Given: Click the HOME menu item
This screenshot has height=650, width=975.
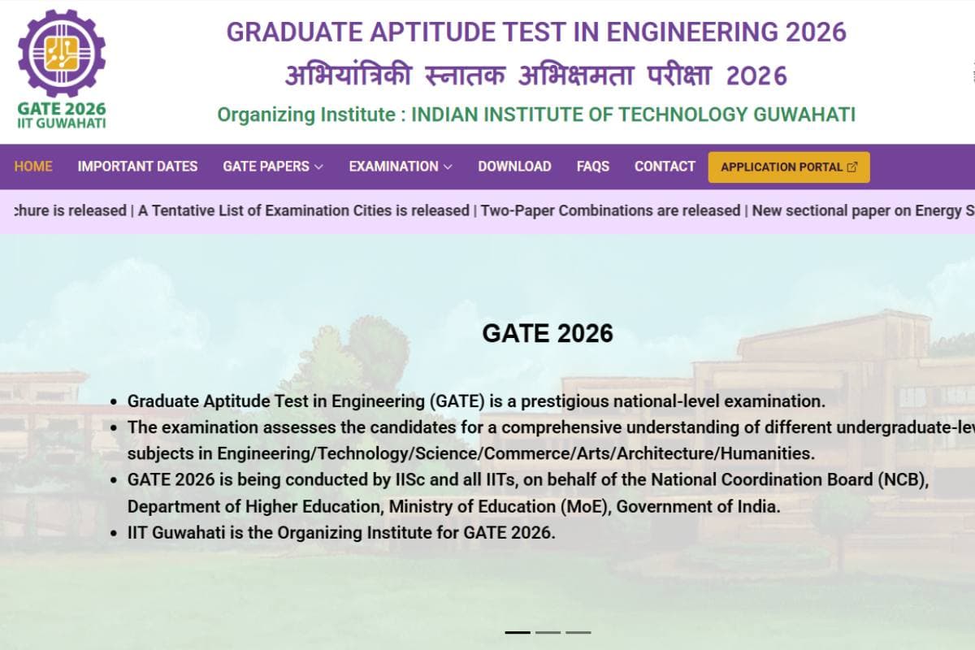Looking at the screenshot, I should click(33, 167).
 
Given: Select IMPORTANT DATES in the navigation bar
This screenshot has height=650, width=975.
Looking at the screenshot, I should click(137, 167).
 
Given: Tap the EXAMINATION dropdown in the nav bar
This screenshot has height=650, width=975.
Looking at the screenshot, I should click(401, 167).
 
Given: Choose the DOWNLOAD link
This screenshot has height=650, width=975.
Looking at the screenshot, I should click(514, 167).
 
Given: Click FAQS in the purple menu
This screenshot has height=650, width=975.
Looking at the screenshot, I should click(593, 167).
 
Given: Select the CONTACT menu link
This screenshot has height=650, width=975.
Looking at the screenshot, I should click(665, 167).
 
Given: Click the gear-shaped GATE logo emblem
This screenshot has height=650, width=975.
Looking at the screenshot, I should click(62, 54).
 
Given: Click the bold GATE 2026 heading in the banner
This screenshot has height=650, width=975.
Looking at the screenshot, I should click(548, 333).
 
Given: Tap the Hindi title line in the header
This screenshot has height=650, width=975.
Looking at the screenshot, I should click(536, 76).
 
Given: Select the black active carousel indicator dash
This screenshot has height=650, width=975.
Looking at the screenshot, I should click(518, 632).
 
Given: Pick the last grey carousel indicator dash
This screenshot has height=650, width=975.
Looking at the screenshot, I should click(578, 632).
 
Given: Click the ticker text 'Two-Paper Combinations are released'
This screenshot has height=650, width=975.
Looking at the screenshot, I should click(610, 210).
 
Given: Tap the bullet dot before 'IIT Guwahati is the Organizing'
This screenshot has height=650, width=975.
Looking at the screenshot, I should click(115, 534).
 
